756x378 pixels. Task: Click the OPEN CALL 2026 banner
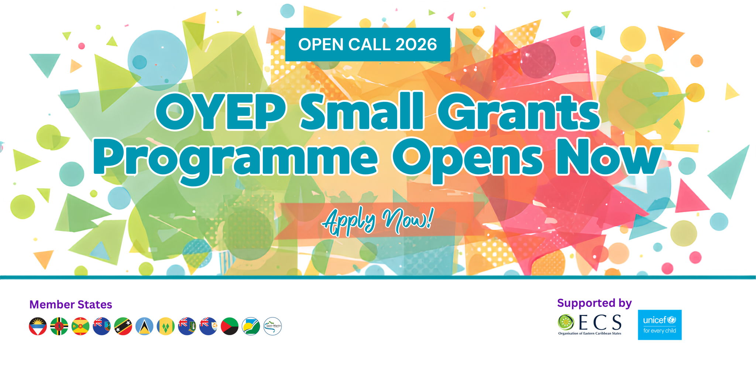click(367, 44)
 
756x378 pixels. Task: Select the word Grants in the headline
click(519, 111)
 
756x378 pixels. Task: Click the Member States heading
click(71, 305)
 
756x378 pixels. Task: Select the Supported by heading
click(594, 303)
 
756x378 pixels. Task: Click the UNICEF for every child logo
click(660, 325)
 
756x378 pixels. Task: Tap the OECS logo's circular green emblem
click(566, 322)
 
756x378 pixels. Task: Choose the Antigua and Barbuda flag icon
click(38, 326)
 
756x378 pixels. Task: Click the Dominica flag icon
click(59, 326)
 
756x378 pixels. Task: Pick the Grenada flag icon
click(80, 326)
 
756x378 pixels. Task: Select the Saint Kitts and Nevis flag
click(123, 326)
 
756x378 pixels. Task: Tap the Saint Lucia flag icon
click(144, 326)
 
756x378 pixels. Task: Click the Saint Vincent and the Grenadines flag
click(166, 326)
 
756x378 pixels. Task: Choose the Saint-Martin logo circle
click(272, 326)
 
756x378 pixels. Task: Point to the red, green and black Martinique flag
click(230, 326)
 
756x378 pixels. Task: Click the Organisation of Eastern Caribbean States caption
click(590, 333)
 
